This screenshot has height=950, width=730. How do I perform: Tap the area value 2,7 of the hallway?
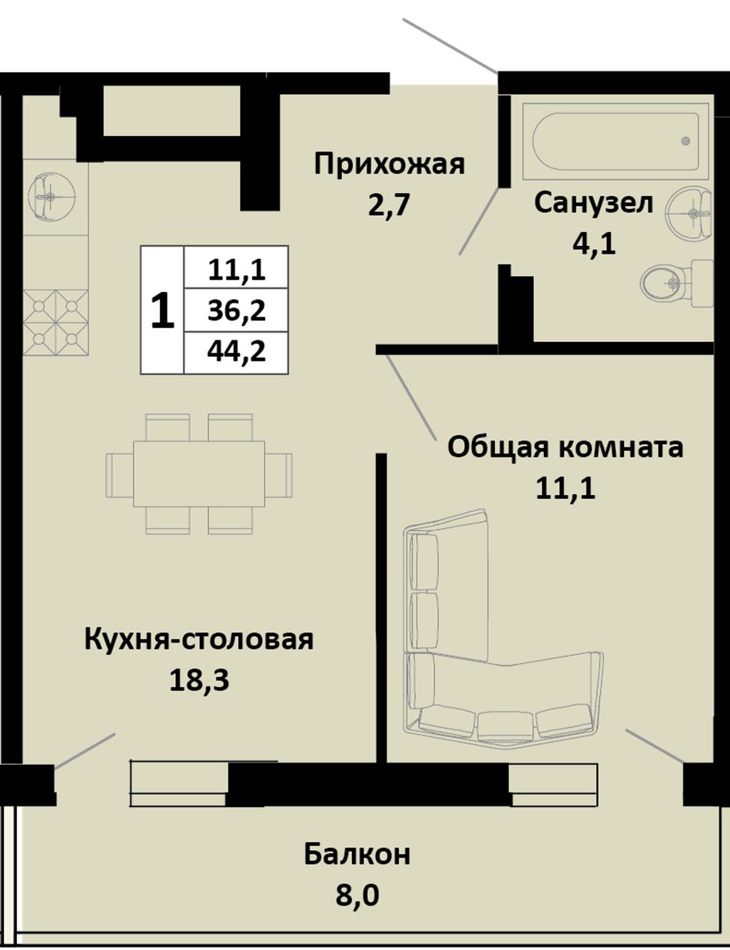[x=390, y=205]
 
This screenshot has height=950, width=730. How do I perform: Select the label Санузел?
[x=594, y=203]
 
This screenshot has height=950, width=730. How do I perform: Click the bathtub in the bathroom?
[x=616, y=141]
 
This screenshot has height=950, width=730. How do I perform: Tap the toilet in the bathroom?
[x=677, y=284]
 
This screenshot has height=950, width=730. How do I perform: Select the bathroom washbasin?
[x=689, y=214]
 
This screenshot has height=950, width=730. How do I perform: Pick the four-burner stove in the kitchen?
[x=55, y=322]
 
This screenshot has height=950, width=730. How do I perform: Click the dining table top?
[x=199, y=474]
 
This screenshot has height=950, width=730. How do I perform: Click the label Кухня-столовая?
[x=199, y=640]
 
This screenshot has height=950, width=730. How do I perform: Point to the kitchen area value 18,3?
[x=199, y=681]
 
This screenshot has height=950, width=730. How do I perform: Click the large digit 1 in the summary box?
[x=162, y=310]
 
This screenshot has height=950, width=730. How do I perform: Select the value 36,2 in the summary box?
[x=237, y=311]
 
